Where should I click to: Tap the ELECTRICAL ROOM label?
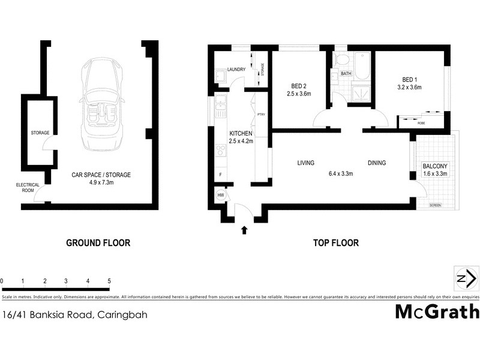pos(28,188)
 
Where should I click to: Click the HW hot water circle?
pos(220,196)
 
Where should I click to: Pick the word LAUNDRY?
pos(237,70)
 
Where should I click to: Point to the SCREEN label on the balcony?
pos(435,205)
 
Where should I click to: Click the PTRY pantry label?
pos(261,115)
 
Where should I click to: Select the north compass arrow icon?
pos(466,279)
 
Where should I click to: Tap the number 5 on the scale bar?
pos(109,281)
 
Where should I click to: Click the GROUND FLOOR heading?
pos(98,243)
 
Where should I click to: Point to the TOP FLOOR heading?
pos(335,243)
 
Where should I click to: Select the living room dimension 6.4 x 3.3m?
pos(340,174)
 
